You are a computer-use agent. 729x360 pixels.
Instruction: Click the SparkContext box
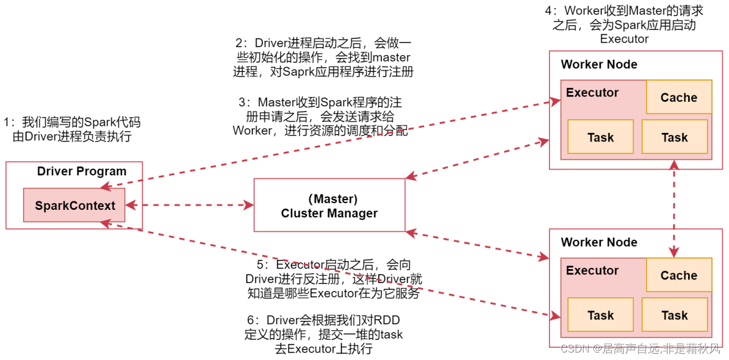(75, 205)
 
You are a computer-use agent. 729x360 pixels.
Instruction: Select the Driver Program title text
(82, 171)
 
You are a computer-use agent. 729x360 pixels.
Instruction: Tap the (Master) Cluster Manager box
(329, 205)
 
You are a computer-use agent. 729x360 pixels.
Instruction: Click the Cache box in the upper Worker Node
(678, 97)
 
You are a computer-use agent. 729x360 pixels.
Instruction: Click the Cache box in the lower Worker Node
(678, 275)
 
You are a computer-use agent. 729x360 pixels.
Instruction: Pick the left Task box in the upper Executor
(600, 137)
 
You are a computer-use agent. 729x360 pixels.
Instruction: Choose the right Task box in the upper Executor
(674, 137)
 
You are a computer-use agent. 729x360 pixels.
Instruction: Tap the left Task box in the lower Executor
(600, 315)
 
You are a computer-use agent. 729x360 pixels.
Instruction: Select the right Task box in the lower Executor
(674, 315)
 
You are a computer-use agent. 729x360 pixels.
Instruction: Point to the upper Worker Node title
(599, 64)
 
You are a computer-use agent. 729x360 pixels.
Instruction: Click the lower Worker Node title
(599, 242)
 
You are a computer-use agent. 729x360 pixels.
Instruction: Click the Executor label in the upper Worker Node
(592, 93)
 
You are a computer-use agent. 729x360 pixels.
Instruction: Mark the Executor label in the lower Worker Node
(592, 270)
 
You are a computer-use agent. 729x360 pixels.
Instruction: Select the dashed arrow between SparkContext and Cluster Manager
(190, 205)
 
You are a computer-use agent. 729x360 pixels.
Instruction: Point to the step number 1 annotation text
(72, 129)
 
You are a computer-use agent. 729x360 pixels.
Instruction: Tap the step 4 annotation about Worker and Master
(624, 25)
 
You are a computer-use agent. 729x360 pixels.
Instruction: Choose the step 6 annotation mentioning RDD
(324, 335)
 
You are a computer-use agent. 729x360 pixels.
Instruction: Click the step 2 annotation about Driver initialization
(323, 58)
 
